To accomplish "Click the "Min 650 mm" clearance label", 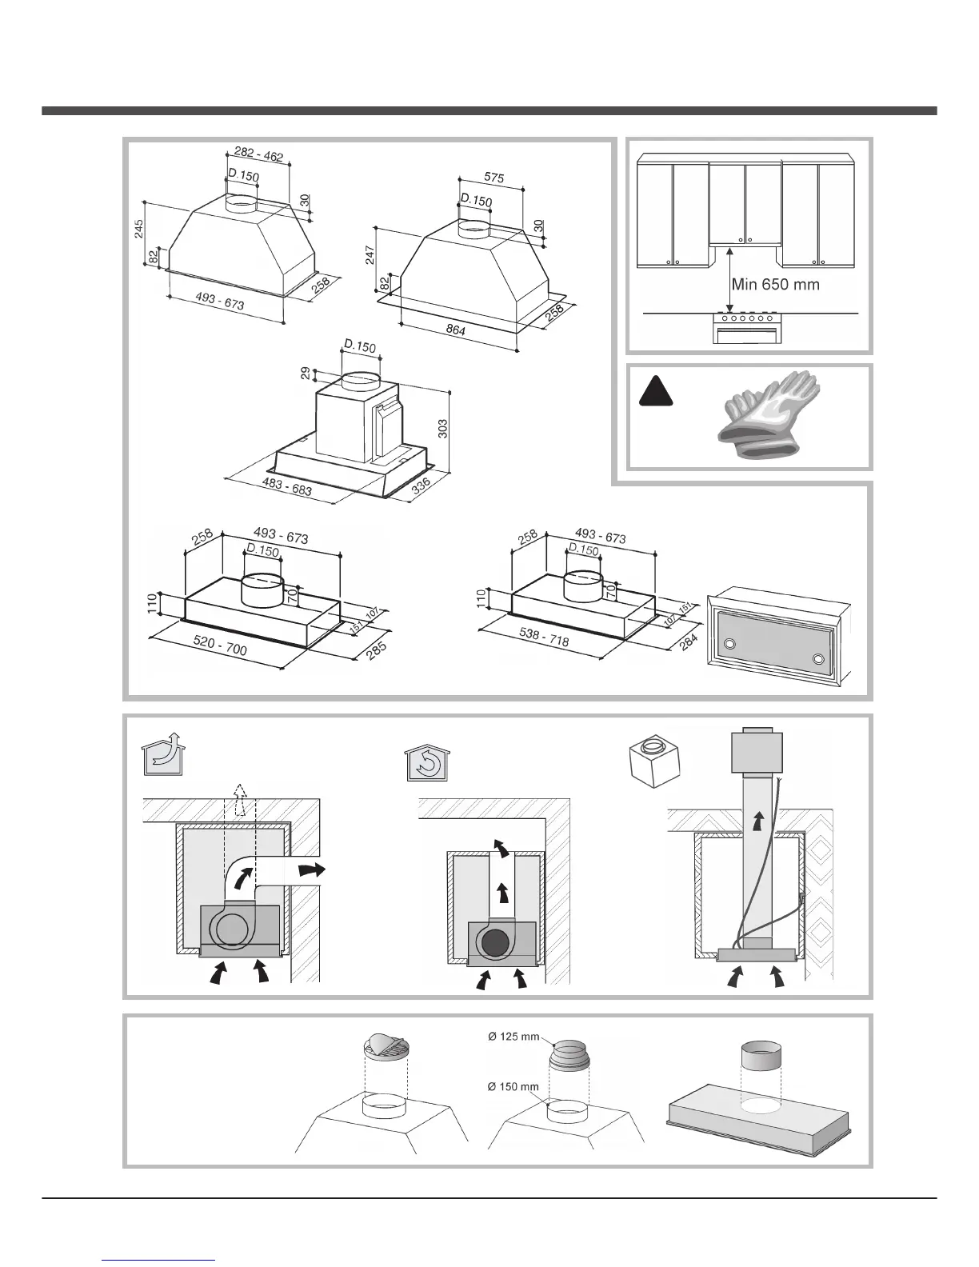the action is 775,284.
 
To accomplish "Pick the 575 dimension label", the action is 493,178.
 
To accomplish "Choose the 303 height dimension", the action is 442,428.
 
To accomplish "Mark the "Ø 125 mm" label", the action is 513,1037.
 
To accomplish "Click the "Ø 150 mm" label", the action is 513,1086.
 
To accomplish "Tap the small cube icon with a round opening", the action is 653,759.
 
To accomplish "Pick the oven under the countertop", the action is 747,328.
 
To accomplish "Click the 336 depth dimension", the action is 422,487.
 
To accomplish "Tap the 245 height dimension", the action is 139,231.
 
